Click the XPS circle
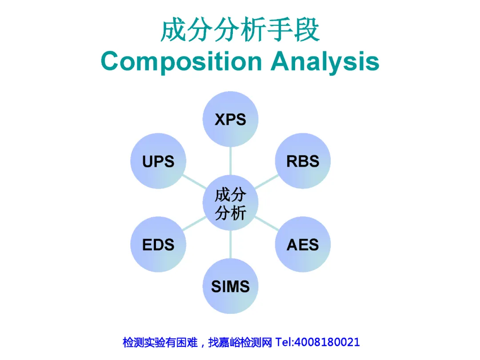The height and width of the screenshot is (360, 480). coord(230,119)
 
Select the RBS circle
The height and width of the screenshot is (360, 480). coord(303,160)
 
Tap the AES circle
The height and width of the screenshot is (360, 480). coord(303,244)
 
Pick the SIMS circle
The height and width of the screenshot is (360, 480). coord(230,286)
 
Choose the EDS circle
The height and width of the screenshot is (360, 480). coord(158,244)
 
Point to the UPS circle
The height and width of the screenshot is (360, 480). coord(158,161)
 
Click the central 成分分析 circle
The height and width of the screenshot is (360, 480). coord(230,203)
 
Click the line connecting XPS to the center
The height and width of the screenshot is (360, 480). coord(230,161)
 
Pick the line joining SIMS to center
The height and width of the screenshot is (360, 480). coord(230,244)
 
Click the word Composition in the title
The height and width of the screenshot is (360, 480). coord(181,62)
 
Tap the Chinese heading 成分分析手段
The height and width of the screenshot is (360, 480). coord(240,30)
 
